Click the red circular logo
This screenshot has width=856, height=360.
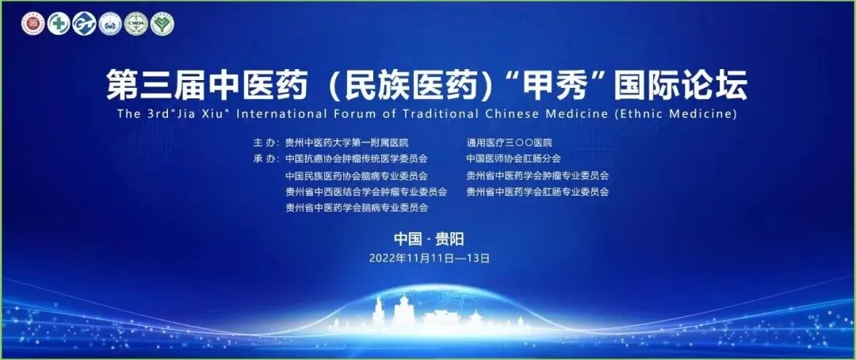(x=32, y=24)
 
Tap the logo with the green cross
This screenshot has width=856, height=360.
(x=58, y=24)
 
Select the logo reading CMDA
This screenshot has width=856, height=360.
(x=136, y=24)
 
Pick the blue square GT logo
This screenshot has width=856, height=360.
(x=84, y=24)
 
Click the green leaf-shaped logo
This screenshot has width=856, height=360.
(x=162, y=24)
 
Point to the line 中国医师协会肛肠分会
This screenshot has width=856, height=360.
(x=514, y=159)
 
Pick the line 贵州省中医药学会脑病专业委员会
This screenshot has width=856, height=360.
(x=357, y=208)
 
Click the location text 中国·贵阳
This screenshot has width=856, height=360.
(x=429, y=239)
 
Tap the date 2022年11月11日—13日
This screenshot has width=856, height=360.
(x=429, y=258)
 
